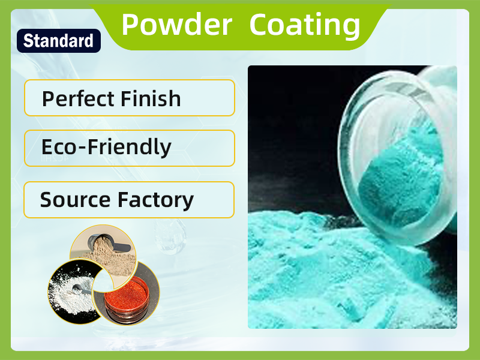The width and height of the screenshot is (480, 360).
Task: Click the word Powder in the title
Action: (176, 25)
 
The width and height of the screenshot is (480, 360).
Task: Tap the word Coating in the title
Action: (305, 25)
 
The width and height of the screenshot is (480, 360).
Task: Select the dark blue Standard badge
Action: (58, 41)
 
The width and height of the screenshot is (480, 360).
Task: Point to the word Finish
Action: (153, 98)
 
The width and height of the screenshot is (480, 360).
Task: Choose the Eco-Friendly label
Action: (106, 147)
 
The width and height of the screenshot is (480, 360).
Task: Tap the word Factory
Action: (155, 200)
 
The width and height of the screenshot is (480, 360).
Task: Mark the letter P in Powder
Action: (130, 25)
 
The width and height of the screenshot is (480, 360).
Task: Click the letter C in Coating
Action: (260, 25)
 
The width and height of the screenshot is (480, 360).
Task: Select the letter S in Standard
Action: (28, 41)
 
